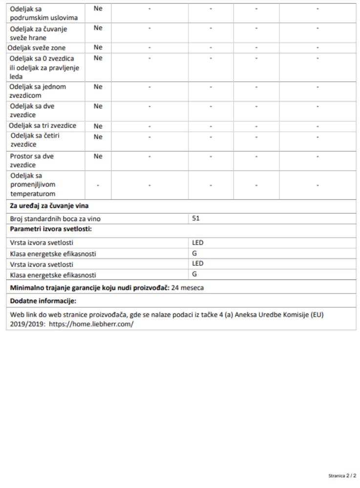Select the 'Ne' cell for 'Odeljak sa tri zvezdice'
(98, 126)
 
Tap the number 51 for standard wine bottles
(196, 219)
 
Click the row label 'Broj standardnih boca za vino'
(55, 219)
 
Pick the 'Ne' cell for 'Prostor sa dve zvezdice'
(98, 157)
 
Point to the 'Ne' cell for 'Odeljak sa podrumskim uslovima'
(98, 8)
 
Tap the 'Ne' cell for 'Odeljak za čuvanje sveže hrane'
(98, 28)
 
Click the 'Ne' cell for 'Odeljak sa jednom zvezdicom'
(98, 87)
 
